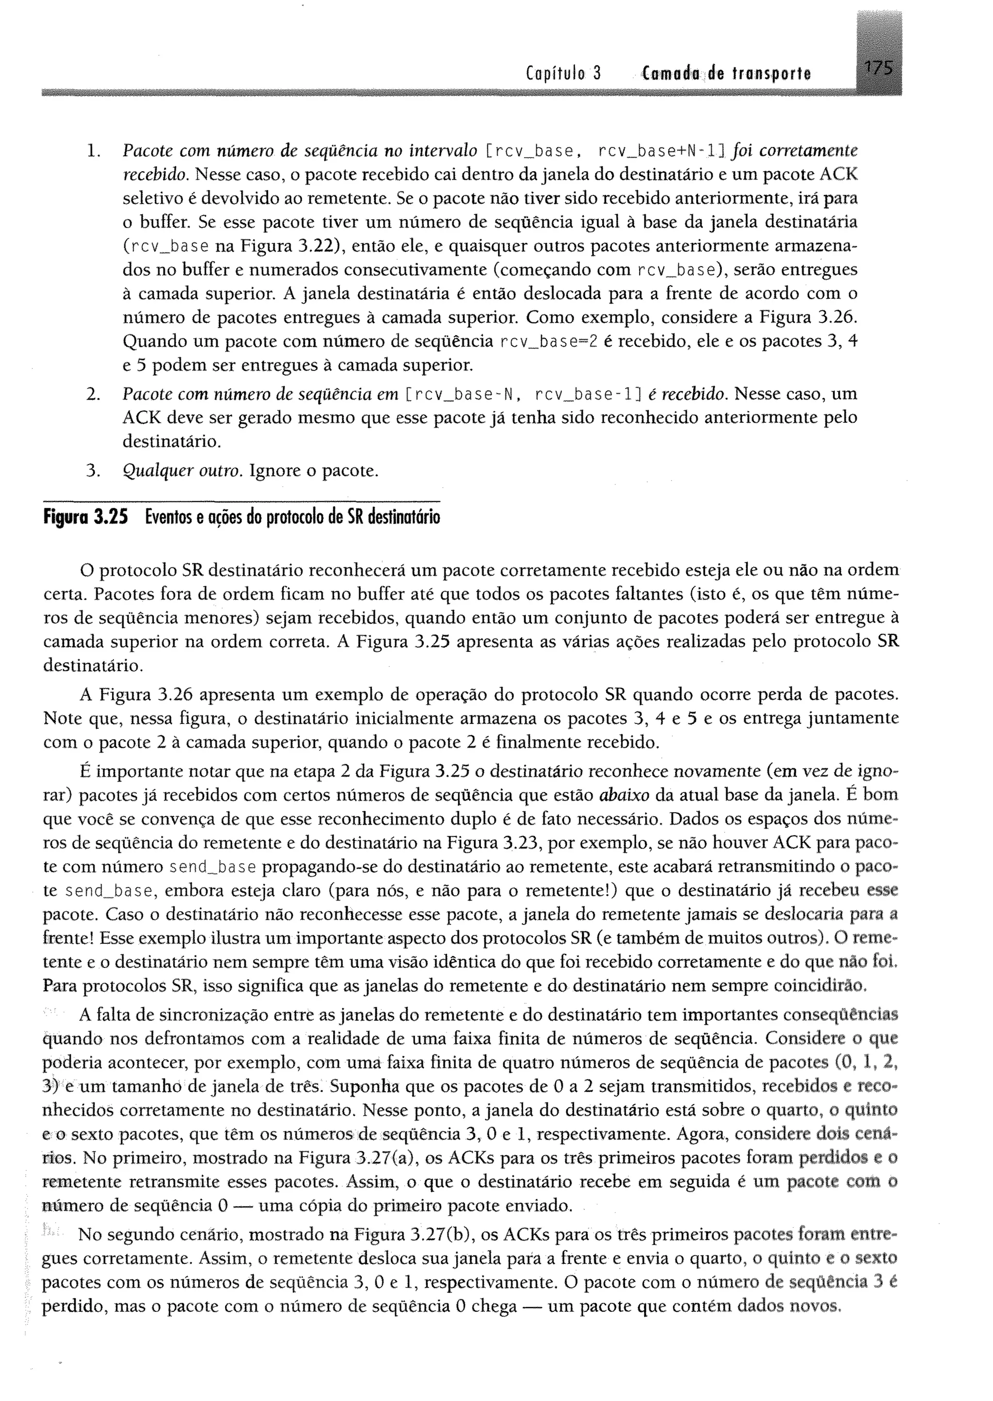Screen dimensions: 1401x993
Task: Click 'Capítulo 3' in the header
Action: click(x=563, y=74)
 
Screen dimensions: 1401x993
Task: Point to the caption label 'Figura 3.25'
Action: click(x=86, y=518)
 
